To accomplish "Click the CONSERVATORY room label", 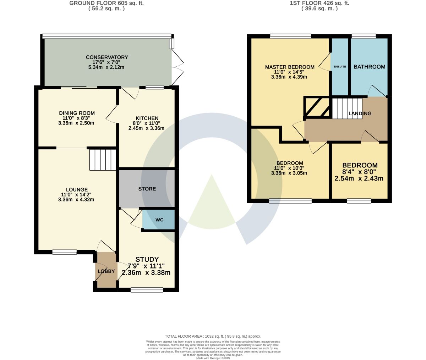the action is click(107, 57).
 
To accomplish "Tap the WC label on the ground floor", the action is click(159, 220).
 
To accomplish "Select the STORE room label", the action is click(147, 189).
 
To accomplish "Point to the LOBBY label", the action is click(106, 271).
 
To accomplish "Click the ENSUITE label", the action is click(340, 67).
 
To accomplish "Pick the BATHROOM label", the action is click(370, 67).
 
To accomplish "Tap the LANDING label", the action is click(360, 113).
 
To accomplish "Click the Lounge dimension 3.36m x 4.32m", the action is click(76, 200).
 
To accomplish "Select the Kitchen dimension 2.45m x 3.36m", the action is click(146, 128).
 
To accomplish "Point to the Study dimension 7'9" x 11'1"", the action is click(146, 266).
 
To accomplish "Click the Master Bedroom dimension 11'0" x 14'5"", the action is click(289, 72).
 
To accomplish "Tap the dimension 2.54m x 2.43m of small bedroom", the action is click(359, 178).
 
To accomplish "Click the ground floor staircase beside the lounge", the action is click(103, 160).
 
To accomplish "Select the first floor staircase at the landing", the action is click(347, 108).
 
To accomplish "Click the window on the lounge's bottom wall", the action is click(65, 252).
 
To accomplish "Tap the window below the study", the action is click(147, 290).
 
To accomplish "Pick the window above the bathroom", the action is click(364, 37).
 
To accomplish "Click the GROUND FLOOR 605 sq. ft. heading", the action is click(106, 3).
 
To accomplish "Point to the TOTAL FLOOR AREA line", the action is click(213, 336).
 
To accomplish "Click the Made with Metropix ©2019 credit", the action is click(213, 358).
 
